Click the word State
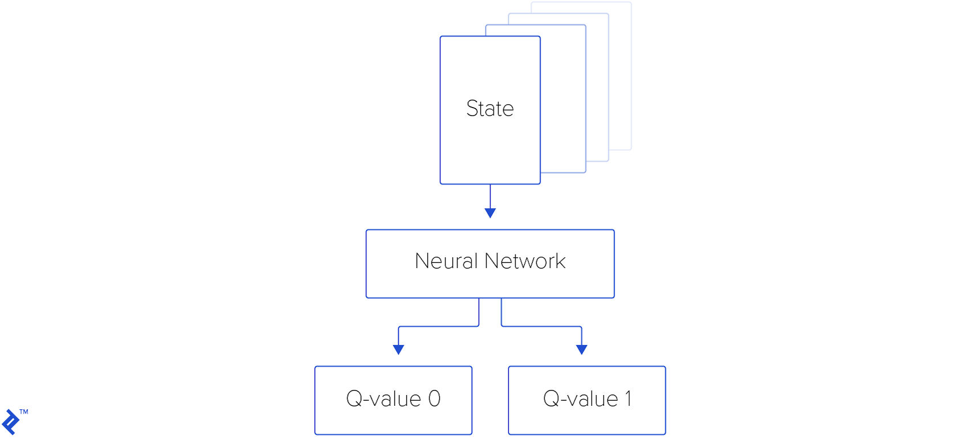tap(489, 109)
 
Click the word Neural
tap(446, 261)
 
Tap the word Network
tap(525, 261)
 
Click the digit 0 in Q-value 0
tap(434, 399)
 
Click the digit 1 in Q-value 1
tap(628, 399)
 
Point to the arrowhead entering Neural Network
tap(490, 213)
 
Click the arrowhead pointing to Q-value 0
tap(399, 349)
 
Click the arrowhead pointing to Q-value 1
tap(581, 349)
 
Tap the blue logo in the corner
tap(10, 422)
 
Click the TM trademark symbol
tap(24, 412)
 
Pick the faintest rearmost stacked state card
tap(621, 74)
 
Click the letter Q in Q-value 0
tap(354, 399)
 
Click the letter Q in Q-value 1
tap(551, 399)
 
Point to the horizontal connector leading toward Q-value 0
tap(439, 326)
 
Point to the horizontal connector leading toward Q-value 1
tap(541, 326)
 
